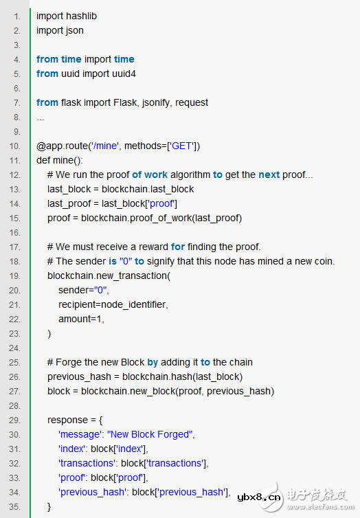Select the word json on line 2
click(74, 30)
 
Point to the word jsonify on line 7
click(155, 102)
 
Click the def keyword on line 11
click(43, 160)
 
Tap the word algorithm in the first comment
click(190, 174)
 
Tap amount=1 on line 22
click(82, 319)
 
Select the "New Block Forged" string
click(151, 434)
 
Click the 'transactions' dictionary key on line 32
click(88, 463)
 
